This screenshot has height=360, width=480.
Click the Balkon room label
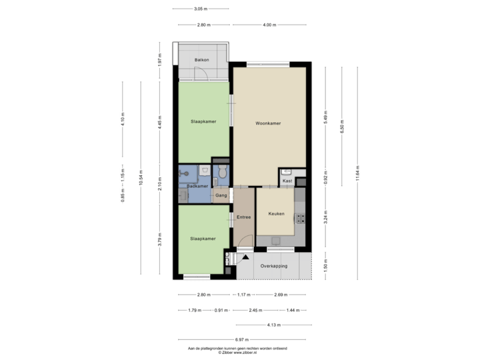pos(201,61)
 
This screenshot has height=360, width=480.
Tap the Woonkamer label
pos(267,123)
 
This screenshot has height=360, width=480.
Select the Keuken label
pos(276,214)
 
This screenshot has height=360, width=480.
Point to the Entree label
pos(243,217)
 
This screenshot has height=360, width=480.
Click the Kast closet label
pos(287,181)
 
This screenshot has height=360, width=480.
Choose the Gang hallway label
pos(221,195)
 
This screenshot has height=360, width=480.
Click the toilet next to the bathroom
pos(222,173)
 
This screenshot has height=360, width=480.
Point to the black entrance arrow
pos(245,257)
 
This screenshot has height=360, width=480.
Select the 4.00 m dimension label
pos(269,25)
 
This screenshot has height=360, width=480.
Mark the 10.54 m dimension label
pos(141,182)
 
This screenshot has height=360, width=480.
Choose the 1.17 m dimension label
pos(243,294)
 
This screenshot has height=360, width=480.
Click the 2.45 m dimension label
pos(253,310)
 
